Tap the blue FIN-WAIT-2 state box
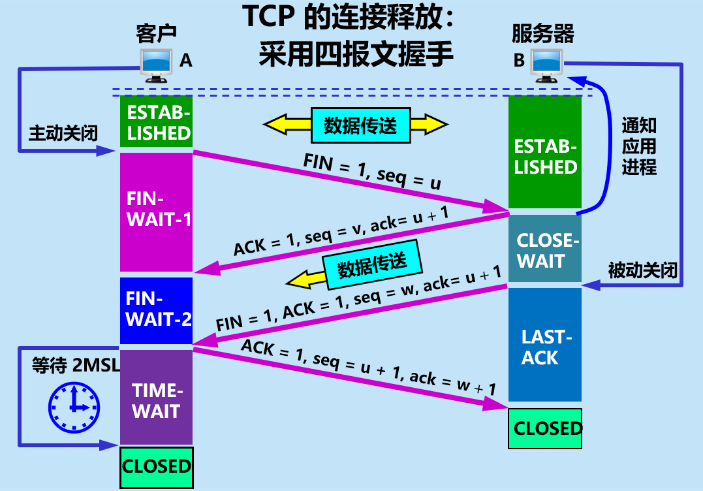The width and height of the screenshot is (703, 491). [157, 310]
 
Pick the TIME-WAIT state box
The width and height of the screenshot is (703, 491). [157, 398]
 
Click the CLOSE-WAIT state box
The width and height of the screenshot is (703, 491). [545, 249]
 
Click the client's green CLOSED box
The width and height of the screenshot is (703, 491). [157, 466]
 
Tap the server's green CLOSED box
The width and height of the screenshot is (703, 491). [545, 428]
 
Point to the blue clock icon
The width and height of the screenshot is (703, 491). [74, 407]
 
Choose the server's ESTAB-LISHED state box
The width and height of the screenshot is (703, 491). [545, 155]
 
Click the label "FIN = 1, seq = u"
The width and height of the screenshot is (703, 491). [372, 171]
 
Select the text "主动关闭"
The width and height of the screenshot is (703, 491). [63, 133]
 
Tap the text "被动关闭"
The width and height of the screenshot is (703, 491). [642, 269]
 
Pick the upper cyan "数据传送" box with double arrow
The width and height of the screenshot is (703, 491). [360, 125]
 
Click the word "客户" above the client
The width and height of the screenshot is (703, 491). [157, 33]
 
